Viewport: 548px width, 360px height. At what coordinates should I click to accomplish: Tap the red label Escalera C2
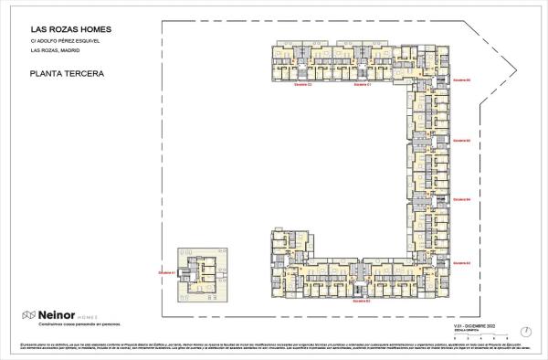(x=303, y=85)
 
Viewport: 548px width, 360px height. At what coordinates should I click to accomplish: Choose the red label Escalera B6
(x=461, y=79)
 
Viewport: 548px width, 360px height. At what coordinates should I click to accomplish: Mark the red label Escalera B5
(x=461, y=140)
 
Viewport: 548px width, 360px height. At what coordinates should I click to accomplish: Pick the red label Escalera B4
(x=461, y=198)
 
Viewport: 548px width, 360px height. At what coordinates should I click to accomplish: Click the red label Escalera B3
(x=461, y=262)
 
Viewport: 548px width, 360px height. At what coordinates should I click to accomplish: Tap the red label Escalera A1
(x=166, y=272)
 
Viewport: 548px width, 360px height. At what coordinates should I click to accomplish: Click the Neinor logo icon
(x=28, y=314)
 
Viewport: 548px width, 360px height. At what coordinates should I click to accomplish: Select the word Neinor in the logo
(x=54, y=314)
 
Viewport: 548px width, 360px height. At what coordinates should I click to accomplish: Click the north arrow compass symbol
(x=524, y=331)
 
